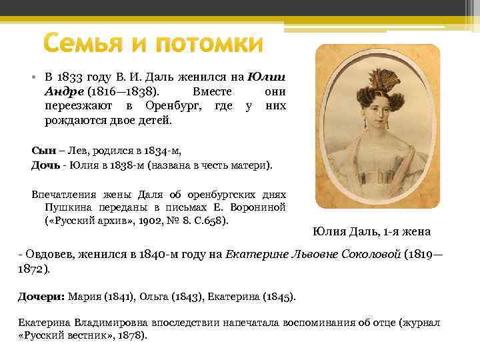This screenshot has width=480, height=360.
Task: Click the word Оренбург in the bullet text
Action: coord(165,106)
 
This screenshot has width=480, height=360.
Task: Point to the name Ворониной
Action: coord(257,207)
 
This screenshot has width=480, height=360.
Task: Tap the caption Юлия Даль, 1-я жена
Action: coord(371,232)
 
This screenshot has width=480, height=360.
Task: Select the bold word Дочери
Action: coord(39,296)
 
